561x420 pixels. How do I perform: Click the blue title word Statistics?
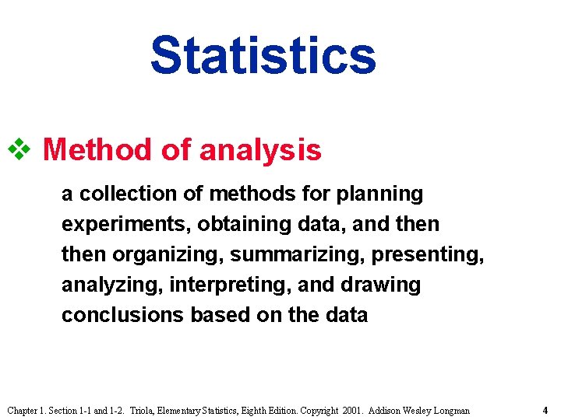(263, 54)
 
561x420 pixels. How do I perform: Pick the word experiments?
(125, 225)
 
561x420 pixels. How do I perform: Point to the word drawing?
(381, 285)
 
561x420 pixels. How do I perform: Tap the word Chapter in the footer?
(24, 410)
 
